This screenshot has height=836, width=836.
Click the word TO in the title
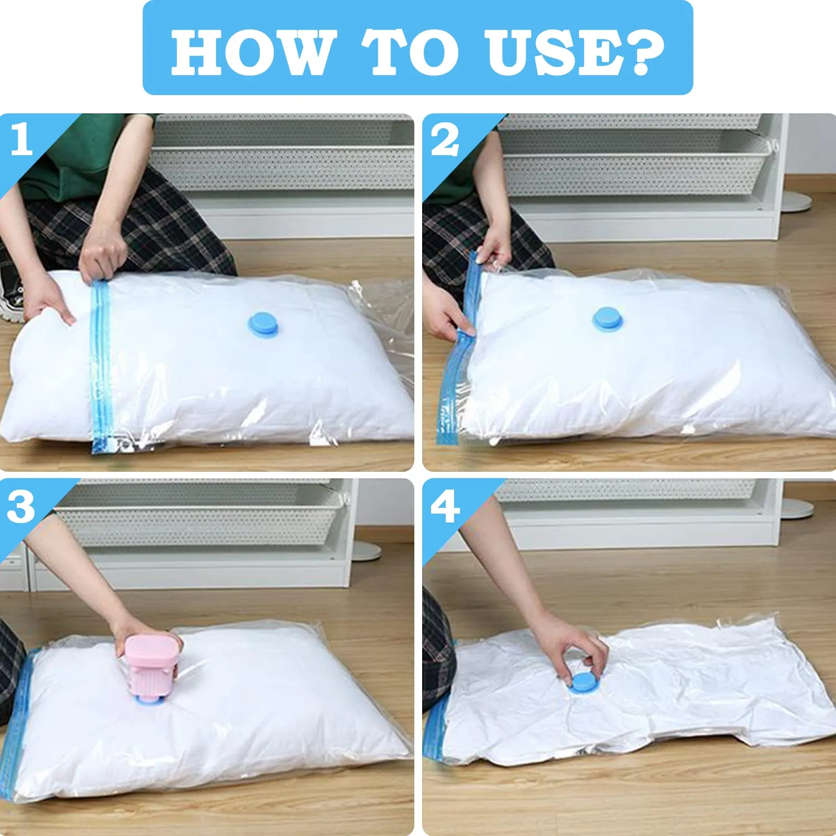click(410, 52)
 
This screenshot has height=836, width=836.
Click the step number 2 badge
click(445, 140)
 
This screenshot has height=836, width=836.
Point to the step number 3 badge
click(21, 507)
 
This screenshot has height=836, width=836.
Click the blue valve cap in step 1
click(263, 324)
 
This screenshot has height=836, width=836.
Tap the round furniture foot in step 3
click(366, 551)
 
